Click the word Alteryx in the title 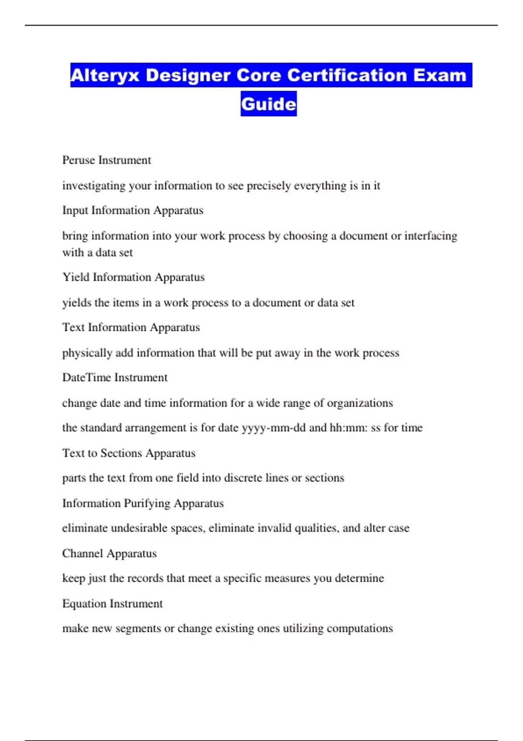(105, 75)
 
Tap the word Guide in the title (268, 104)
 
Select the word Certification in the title (347, 75)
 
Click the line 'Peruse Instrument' (106, 160)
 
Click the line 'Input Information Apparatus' (132, 211)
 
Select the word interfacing (431, 236)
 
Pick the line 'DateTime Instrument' (115, 377)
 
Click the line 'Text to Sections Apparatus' (129, 453)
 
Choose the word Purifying (147, 503)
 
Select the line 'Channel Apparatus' (109, 554)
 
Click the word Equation (84, 604)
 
